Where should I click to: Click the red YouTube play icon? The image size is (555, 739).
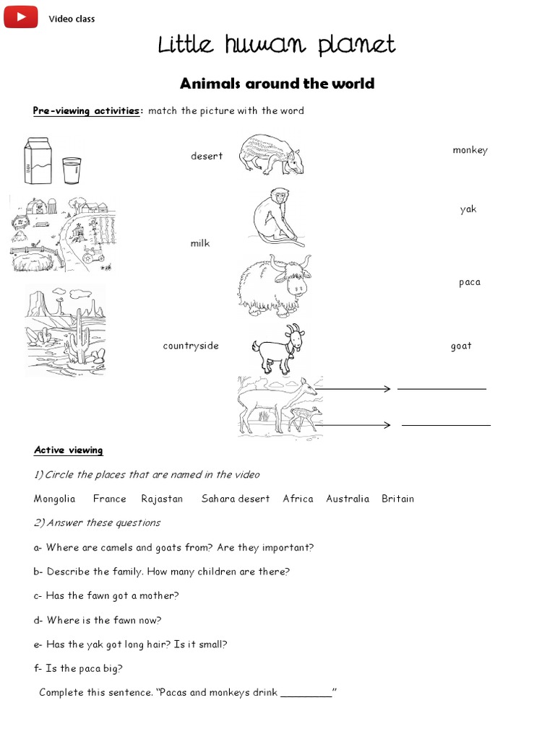tap(21, 17)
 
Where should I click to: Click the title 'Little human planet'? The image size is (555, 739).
tap(277, 45)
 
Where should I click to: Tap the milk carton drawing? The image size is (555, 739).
tap(38, 160)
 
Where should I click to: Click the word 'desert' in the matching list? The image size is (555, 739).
tap(207, 157)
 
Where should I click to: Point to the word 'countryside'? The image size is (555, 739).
tap(191, 346)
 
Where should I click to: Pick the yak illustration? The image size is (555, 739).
tap(273, 285)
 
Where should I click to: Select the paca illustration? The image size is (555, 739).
tap(272, 154)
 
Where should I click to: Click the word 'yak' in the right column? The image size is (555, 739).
tap(468, 210)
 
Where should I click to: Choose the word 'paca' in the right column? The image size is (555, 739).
tap(469, 282)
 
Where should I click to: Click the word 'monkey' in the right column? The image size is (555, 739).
tap(470, 150)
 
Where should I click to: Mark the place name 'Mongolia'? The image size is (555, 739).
tap(55, 499)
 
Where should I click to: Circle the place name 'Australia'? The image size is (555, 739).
tap(348, 499)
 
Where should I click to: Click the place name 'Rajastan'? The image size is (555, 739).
tap(162, 499)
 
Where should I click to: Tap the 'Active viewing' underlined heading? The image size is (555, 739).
tap(69, 450)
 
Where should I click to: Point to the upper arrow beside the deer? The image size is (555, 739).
tap(354, 389)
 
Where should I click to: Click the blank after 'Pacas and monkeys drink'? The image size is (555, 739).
tap(306, 694)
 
